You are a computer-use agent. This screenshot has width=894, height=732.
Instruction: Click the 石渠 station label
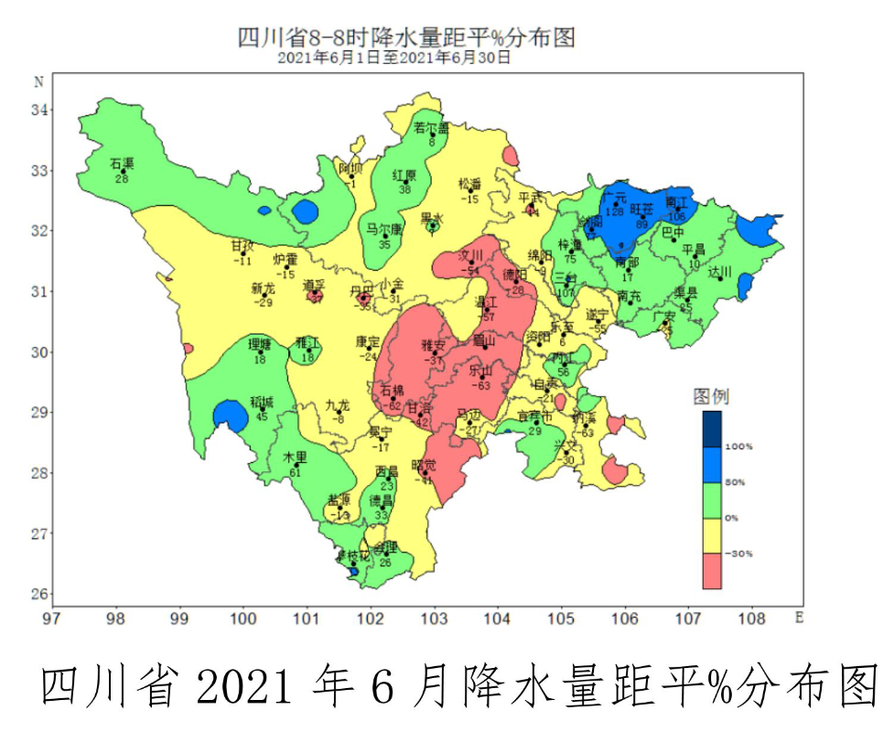coord(122,164)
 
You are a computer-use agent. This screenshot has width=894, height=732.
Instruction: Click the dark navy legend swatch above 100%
coord(713,428)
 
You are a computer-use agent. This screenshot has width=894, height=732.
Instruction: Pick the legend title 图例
coord(711,396)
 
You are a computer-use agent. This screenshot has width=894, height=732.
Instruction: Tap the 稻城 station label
coord(262,403)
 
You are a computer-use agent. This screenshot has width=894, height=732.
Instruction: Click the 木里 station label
coord(295,457)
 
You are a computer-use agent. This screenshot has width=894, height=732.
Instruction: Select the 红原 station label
coord(404,175)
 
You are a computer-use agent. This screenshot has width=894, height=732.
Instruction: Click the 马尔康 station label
coord(384,229)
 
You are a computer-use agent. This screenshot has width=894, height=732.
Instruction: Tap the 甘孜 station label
coord(242,246)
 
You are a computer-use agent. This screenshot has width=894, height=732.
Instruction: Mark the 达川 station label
coord(722,272)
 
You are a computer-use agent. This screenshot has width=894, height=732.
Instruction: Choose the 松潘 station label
coord(470,184)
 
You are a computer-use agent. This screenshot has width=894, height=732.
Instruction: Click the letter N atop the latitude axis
coord(39,81)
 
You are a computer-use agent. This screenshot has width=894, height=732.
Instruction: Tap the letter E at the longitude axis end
coord(798,618)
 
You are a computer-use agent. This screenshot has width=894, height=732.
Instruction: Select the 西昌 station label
coord(386,470)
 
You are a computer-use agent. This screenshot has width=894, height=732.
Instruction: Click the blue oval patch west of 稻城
coord(231,416)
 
